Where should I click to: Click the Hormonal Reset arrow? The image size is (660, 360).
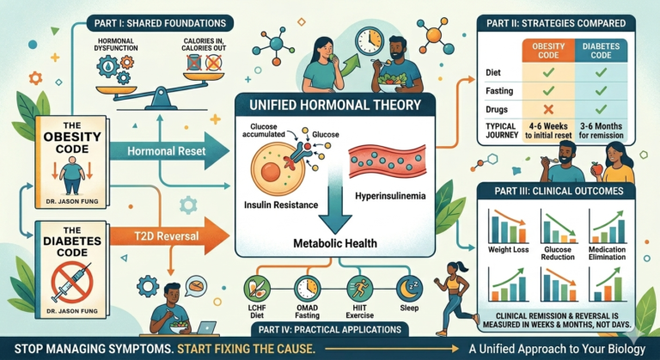168,150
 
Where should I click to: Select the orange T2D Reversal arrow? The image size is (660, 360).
168,235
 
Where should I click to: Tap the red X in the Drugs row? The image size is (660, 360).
548,109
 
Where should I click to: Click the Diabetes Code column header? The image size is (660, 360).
601,51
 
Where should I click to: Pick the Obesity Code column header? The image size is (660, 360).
548,51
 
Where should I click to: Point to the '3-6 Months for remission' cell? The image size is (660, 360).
601,131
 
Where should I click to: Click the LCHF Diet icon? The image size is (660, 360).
257,288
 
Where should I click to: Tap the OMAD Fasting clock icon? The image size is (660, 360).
308,288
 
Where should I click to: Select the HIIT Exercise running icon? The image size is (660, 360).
359,288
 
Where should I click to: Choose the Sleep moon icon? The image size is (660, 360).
409,288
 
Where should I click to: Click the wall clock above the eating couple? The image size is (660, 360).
370,41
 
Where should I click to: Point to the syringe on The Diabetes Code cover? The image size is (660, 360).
71,281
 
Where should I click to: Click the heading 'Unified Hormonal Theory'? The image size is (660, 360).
334,105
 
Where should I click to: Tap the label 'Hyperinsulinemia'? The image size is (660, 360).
390,196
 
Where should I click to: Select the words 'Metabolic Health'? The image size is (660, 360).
335,243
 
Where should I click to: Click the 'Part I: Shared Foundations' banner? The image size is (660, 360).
160,22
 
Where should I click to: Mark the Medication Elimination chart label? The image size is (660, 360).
607,253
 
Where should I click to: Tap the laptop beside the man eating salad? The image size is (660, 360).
207,327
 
